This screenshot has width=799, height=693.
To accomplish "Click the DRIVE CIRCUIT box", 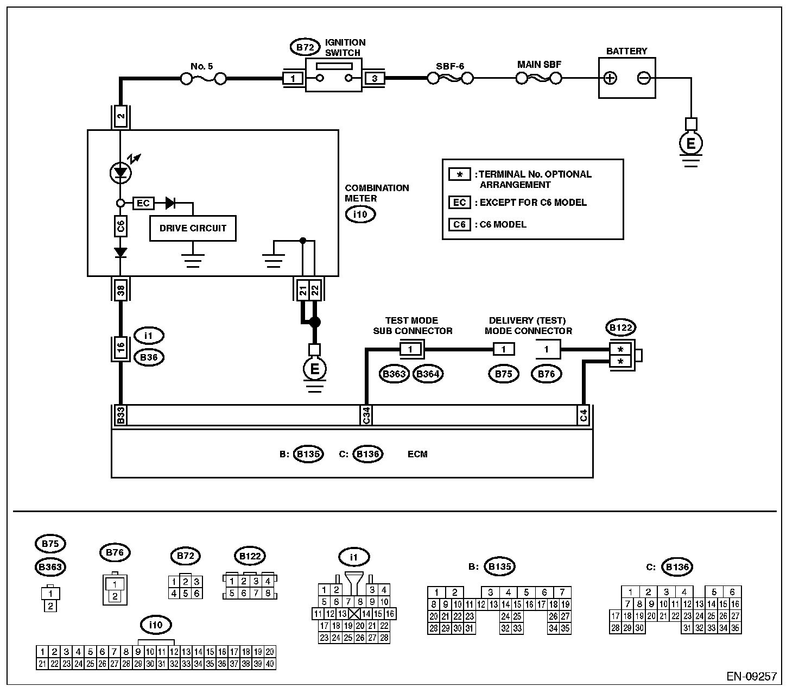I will tap(193, 228).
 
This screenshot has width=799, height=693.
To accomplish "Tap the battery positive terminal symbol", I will tap(611, 78).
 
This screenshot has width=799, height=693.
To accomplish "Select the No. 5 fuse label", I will tap(202, 66).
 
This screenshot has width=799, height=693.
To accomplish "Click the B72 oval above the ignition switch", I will tap(305, 47).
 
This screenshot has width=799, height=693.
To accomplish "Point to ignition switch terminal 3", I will tap(375, 79).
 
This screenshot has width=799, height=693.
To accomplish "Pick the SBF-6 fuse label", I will tap(450, 66).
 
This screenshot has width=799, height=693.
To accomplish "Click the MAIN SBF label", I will tap(539, 65).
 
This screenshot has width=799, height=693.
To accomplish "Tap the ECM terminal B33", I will tap(121, 415).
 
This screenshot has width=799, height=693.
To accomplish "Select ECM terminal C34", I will tap(366, 415).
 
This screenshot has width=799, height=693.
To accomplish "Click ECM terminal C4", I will tap(584, 415).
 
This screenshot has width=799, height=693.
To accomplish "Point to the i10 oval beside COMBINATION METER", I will tap(360, 215).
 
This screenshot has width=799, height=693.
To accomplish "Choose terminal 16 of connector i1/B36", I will tap(121, 345).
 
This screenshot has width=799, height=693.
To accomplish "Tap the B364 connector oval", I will tap(428, 374).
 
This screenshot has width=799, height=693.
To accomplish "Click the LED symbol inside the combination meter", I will tap(121, 173).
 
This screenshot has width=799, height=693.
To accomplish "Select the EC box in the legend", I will tap(459, 203).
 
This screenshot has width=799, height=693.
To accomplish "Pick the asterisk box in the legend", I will tap(459, 174).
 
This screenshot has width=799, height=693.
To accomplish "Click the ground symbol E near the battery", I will tap(690, 144).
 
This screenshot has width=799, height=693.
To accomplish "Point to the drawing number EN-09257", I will tap(752, 677).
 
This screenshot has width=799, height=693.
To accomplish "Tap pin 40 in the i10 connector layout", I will tap(270, 664).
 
